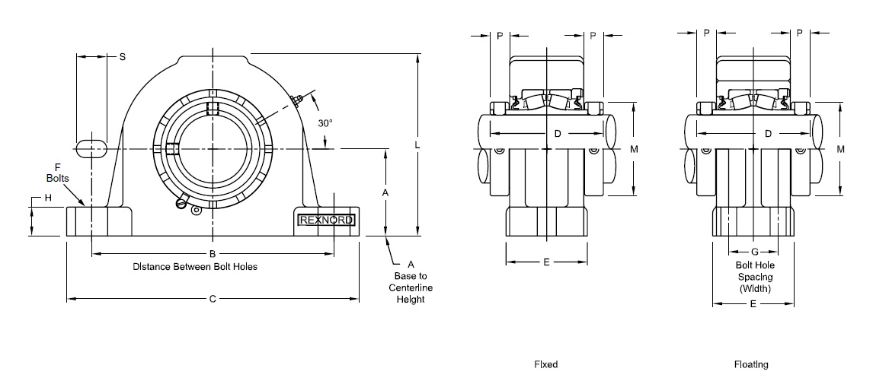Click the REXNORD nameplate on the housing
coord(325,221)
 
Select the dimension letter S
coord(122,57)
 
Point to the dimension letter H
coord(46,198)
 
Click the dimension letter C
coord(213,300)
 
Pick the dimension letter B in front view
coord(213,253)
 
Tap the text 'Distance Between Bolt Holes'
coord(195,267)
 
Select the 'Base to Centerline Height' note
coord(410,281)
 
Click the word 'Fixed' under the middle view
coord(545,365)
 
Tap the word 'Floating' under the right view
coord(751,365)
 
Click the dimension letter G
coord(753,252)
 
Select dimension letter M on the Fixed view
coord(634,150)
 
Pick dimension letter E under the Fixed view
coord(546,262)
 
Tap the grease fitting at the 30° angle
coord(298,99)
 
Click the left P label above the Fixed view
coord(500,35)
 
